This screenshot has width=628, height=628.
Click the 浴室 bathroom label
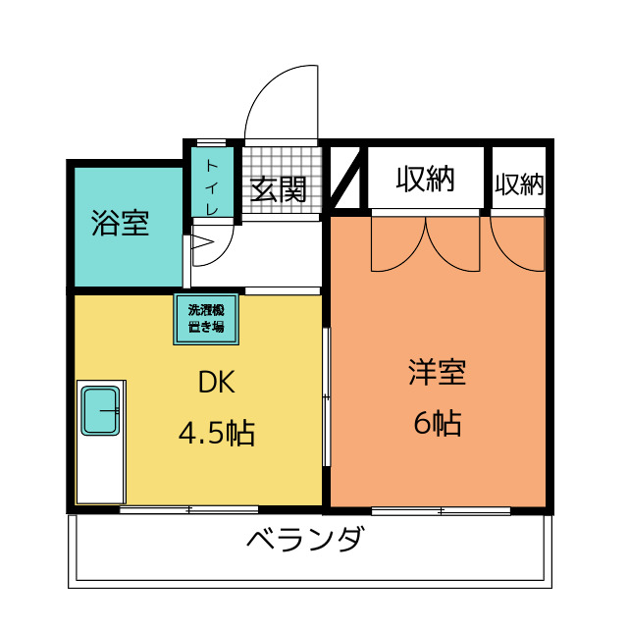[x=120, y=224]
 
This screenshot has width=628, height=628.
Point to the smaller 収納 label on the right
[x=519, y=183]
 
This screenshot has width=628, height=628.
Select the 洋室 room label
[x=437, y=373]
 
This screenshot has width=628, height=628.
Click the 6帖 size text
[x=437, y=424]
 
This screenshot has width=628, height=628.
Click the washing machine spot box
[x=206, y=319]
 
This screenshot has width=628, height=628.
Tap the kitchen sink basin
[x=99, y=410]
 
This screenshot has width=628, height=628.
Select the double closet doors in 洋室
[x=425, y=245]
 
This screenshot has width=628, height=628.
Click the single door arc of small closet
[x=517, y=245]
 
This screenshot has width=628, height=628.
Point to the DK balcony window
[x=189, y=509]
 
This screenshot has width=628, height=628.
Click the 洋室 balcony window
[x=441, y=510]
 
